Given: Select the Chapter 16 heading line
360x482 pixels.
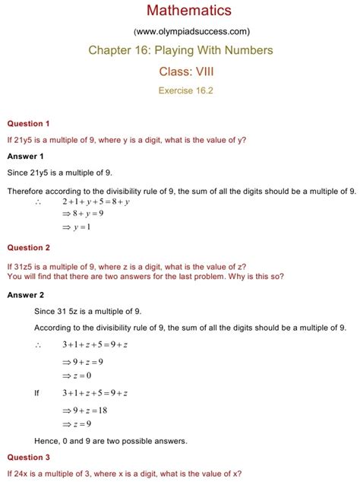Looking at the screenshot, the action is click(180, 51).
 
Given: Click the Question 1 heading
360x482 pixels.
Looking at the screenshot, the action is click(28, 123).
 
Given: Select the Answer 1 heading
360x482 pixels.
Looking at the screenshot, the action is click(25, 156).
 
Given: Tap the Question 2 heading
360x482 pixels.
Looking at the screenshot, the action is click(28, 248).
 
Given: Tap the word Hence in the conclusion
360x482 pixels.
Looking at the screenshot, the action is click(48, 441).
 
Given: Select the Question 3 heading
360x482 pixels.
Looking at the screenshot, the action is click(28, 458).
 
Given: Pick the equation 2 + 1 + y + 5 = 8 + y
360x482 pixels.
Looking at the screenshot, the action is click(96, 202).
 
